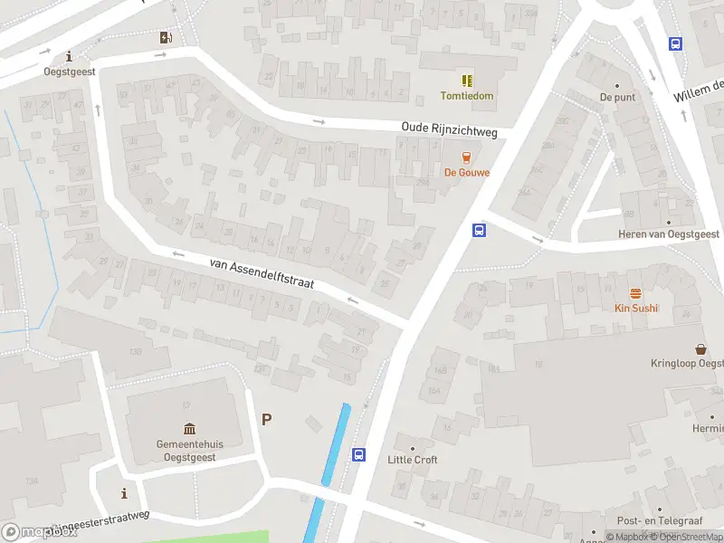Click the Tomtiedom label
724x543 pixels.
[x=467, y=96]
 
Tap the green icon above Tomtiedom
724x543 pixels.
[x=467, y=81]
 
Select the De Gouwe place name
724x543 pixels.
[x=467, y=172]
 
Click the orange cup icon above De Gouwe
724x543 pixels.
[x=467, y=157]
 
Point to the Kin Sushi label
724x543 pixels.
[x=636, y=308]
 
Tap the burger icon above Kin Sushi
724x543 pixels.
[x=636, y=292]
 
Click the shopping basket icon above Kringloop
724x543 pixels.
[x=700, y=348]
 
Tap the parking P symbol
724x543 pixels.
[x=266, y=419]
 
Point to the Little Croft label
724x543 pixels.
[x=413, y=460]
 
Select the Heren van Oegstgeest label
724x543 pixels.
[x=669, y=233]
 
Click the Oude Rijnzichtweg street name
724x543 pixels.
[x=450, y=131]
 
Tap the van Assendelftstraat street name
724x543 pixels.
[x=262, y=271]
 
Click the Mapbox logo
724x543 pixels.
[x=40, y=532]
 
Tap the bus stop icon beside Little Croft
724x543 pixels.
[x=359, y=454]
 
